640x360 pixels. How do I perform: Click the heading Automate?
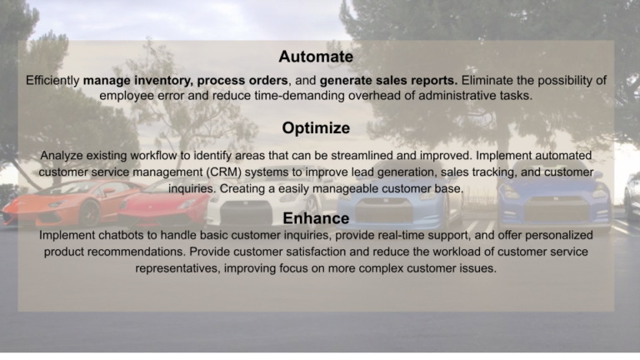coord(316,57)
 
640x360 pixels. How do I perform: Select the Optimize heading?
coord(316,128)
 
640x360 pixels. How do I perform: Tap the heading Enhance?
coord(316,218)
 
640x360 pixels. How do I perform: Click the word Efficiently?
coord(52,81)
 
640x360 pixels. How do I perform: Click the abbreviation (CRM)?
coord(224,172)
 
